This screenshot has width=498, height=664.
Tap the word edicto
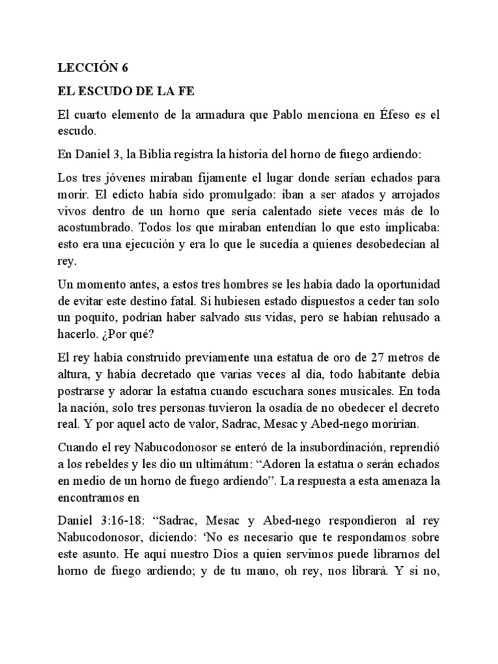click(126, 196)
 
